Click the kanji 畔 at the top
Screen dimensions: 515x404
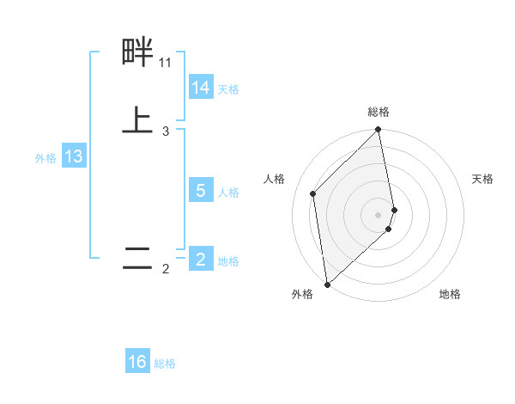coord(137,52)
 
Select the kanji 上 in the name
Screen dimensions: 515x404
coord(137,120)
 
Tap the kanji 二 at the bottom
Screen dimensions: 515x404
coord(137,259)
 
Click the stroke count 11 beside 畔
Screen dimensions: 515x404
coord(165,63)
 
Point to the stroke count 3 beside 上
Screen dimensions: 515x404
coord(166,132)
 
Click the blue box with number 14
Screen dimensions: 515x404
coord(201,88)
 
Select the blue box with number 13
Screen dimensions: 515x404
coord(74,157)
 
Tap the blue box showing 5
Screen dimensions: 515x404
coord(201,191)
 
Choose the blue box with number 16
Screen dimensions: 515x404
coord(137,362)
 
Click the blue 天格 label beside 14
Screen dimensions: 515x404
coord(228,89)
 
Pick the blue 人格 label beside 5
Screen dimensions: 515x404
coord(228,193)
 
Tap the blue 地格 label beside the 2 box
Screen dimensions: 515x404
coord(228,261)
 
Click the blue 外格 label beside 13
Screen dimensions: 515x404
coord(45,158)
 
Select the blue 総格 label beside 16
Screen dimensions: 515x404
coord(165,364)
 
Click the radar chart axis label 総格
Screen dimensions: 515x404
coord(379,113)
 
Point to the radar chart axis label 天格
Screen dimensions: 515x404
coord(483,179)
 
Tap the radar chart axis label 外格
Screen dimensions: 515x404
coord(302,295)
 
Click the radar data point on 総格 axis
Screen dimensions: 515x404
coord(379,131)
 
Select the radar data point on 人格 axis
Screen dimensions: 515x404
coord(313,193)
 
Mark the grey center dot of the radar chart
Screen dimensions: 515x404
coord(379,214)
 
